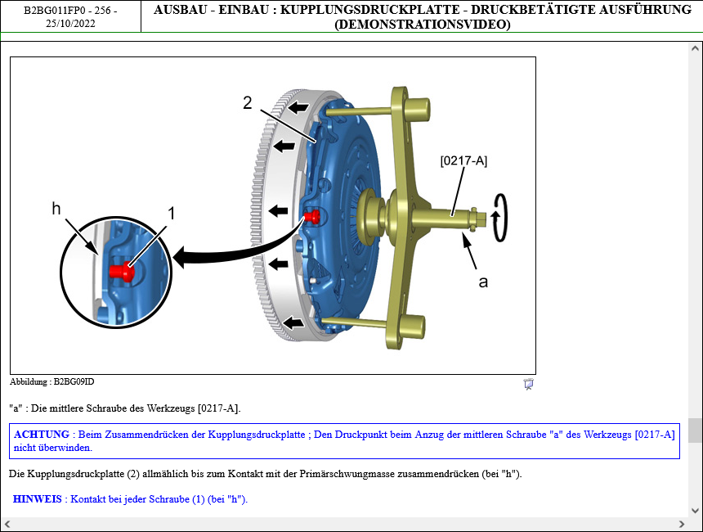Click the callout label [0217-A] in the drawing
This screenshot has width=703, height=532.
point(463,160)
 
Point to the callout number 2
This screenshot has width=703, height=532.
point(248,103)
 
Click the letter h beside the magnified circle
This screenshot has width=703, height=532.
point(56,209)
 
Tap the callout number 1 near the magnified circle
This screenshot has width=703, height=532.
point(172,214)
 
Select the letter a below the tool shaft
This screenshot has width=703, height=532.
point(483,282)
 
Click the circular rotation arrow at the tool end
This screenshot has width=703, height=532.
point(499,218)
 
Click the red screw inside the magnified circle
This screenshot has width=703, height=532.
point(122,272)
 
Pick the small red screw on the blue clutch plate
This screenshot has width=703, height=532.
point(312,217)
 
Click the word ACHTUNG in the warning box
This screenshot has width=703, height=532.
point(42,435)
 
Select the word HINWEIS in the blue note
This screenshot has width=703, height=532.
point(38,499)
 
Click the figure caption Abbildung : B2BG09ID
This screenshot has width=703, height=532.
point(52,382)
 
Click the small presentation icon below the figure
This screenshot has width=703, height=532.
point(528,385)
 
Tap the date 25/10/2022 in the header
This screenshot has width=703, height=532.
point(70,24)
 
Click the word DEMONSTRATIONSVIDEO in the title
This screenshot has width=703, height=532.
point(423,25)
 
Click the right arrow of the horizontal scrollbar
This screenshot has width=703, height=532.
point(682,524)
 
